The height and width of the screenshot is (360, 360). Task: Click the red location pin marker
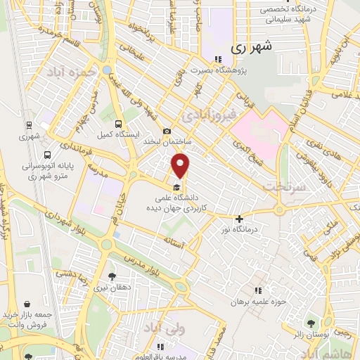tap(181, 166)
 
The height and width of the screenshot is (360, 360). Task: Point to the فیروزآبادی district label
tap(203, 112)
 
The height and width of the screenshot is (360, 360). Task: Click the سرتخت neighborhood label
tap(282, 186)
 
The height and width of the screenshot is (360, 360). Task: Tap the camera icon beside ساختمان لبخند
tap(167, 131)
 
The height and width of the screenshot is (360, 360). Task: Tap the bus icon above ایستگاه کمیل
tap(127, 121)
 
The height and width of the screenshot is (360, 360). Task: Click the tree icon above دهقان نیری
tap(112, 276)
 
